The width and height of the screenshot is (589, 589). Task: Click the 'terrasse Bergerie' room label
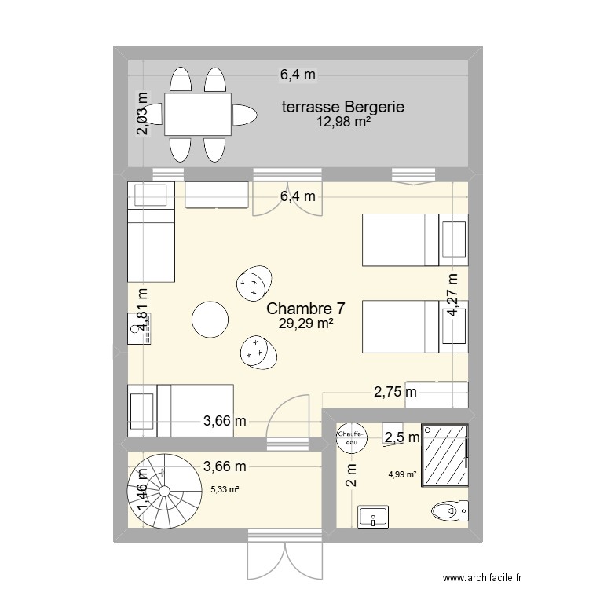click(x=343, y=107)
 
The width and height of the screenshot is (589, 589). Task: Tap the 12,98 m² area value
click(x=343, y=122)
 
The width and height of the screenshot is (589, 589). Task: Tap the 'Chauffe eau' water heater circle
click(x=349, y=439)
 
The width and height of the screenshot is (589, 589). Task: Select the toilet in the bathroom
click(x=450, y=511)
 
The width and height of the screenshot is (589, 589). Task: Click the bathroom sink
click(x=373, y=517)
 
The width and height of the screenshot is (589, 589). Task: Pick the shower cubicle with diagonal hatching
click(x=444, y=457)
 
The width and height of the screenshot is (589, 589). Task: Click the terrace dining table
click(x=198, y=115)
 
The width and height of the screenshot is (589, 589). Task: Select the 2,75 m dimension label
click(x=395, y=392)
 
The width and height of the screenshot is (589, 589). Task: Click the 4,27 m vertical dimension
click(x=452, y=295)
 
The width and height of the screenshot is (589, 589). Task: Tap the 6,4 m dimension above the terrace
click(x=298, y=75)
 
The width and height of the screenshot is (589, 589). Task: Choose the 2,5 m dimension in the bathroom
click(x=400, y=437)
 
